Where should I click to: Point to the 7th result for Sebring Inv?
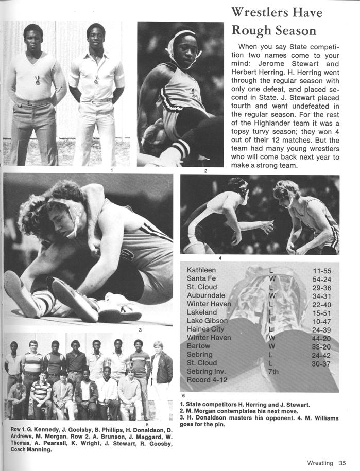(x=273, y=371)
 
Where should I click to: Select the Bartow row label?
(x=199, y=346)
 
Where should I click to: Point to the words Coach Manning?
(x=31, y=449)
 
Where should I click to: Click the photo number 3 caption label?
(x=140, y=329)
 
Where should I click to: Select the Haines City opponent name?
(x=205, y=329)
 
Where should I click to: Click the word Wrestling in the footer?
(x=320, y=463)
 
